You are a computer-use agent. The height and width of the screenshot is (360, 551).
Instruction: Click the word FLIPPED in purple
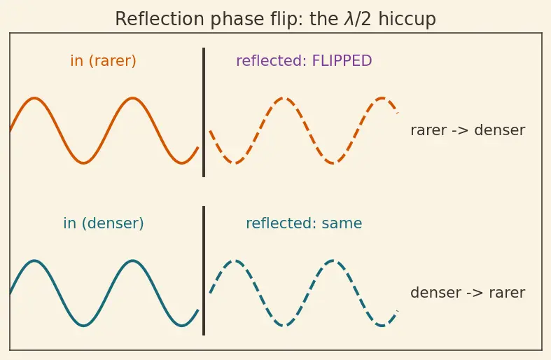[x=342, y=60]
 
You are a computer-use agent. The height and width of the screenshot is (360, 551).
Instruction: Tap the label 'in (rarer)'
[x=104, y=61]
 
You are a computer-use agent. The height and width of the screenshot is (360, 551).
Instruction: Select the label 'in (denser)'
[x=104, y=223]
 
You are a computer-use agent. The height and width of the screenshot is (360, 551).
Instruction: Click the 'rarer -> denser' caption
[x=468, y=130]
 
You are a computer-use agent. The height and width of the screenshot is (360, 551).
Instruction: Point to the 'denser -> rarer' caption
[x=468, y=293]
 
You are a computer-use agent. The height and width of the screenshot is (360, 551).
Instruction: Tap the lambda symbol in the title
[x=349, y=19]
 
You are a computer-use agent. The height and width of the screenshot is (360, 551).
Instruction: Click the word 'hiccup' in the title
[x=407, y=20]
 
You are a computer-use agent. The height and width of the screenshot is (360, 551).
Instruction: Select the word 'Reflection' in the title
[x=160, y=19]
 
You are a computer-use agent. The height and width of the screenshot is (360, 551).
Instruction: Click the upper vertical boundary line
[x=204, y=112]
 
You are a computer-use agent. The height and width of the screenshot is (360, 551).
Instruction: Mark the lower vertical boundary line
[x=204, y=271]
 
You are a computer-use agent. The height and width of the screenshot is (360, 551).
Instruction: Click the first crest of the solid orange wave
[x=34, y=98]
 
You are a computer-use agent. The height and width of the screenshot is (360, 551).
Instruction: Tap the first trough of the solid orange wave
[x=83, y=162]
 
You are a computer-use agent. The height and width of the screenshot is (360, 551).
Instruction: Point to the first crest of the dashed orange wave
[x=284, y=98]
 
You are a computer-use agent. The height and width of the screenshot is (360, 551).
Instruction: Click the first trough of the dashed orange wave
[x=235, y=162]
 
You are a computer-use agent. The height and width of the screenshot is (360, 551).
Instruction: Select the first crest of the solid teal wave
[x=34, y=261]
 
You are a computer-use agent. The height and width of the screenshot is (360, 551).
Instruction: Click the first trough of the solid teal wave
[x=83, y=326]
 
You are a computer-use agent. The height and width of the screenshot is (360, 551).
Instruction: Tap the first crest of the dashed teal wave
[x=235, y=261]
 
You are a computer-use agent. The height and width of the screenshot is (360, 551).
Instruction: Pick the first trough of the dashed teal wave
[x=284, y=326]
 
